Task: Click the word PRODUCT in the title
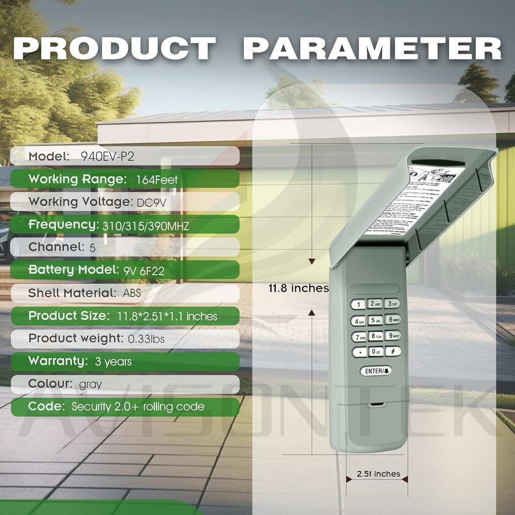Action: pyautogui.click(x=115, y=49)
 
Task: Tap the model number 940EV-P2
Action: pyautogui.click(x=108, y=156)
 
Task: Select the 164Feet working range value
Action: pyautogui.click(x=157, y=179)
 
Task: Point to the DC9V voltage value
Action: pyautogui.click(x=157, y=202)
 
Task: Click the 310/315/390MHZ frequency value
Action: pyautogui.click(x=146, y=226)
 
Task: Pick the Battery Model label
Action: pyautogui.click(x=73, y=270)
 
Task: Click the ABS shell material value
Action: pyautogui.click(x=132, y=293)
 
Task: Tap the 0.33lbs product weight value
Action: pyautogui.click(x=146, y=339)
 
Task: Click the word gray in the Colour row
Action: pyautogui.click(x=91, y=385)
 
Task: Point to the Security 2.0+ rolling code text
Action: pyautogui.click(x=138, y=407)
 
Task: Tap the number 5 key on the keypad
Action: pyautogui.click(x=376, y=320)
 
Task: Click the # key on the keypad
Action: pyautogui.click(x=392, y=351)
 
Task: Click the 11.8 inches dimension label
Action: pyautogui.click(x=298, y=289)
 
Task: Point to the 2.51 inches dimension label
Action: pyautogui.click(x=378, y=474)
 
